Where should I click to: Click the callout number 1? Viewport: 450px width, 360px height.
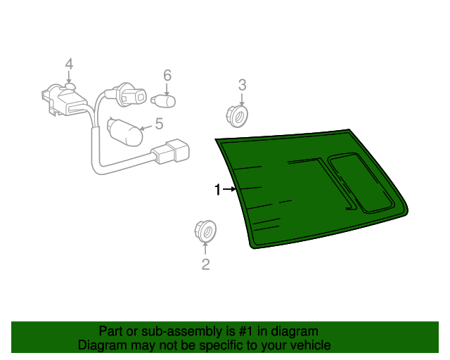(x=218, y=189)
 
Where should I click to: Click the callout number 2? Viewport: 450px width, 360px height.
(x=205, y=264)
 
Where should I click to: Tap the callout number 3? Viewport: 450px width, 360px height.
(x=242, y=85)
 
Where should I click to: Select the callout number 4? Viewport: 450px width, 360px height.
(x=69, y=65)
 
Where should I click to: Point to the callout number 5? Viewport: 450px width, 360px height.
(x=159, y=124)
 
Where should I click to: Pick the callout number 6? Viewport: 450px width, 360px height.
(x=167, y=75)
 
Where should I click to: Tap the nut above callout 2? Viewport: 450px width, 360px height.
(x=204, y=229)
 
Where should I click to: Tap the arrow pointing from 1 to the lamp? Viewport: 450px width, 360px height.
(x=229, y=189)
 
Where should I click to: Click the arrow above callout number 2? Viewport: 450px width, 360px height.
(x=205, y=247)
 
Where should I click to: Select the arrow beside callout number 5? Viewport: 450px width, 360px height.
(x=146, y=127)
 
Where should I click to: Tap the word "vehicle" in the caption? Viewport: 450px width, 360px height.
(x=309, y=345)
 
